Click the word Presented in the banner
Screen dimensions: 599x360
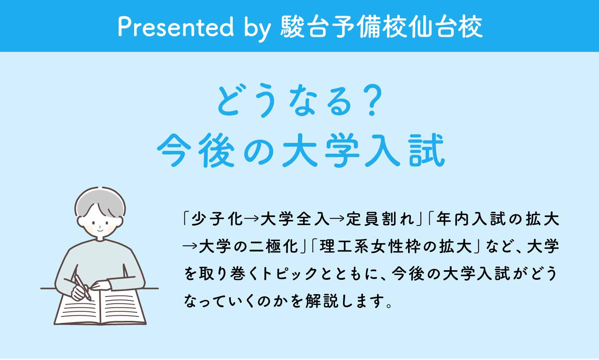[x=176, y=27]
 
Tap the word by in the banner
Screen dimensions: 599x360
[x=257, y=28]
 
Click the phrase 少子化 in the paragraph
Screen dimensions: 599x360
[x=217, y=219]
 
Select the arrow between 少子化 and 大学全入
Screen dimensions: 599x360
[x=252, y=219]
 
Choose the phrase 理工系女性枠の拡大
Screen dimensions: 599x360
[x=395, y=246]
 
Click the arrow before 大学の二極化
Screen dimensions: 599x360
[x=190, y=246]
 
